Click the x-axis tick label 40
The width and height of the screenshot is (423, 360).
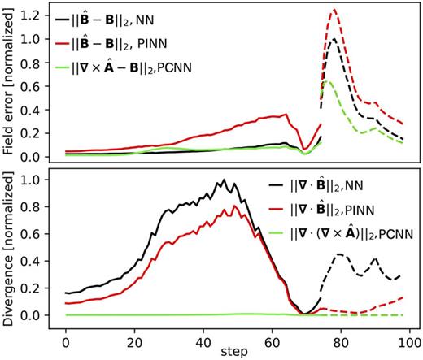click(203, 334)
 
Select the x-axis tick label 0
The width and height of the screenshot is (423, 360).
click(66, 334)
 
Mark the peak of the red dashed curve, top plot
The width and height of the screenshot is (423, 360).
click(334, 11)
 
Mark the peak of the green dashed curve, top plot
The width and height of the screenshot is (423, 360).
click(327, 82)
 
